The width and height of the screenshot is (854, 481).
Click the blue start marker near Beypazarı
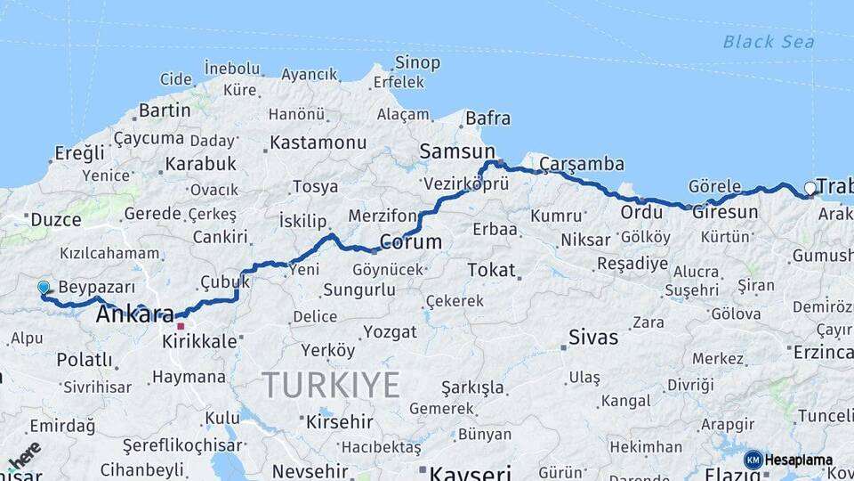pos(44,288)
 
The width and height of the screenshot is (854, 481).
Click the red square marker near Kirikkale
pos(181,326)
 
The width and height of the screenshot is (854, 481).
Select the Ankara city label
pos(134,314)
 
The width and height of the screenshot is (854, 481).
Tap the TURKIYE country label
pos(331,385)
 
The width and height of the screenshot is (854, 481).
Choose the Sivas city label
pos(594,337)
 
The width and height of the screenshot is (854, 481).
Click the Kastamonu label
pos(318,143)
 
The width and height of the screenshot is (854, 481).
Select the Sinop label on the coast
pos(417,62)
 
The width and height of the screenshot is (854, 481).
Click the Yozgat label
pos(388,332)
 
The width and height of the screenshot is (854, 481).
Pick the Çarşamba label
pos(581,164)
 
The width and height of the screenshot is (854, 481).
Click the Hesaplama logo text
pos(798,460)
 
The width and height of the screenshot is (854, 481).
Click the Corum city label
pos(410,241)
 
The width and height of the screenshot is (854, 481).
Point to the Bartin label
pos(165,110)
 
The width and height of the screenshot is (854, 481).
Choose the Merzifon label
pos(382,216)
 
